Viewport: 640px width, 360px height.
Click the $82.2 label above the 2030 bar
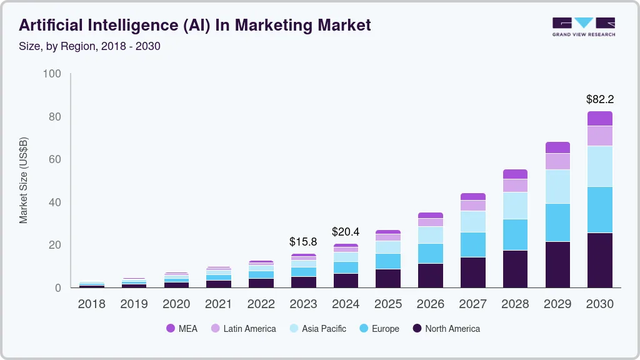[599, 99]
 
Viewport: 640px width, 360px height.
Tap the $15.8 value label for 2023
[303, 241]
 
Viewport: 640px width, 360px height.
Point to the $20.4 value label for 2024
[346, 232]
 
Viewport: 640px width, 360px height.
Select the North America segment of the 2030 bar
[599, 260]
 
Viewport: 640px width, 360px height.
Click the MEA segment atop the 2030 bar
[599, 119]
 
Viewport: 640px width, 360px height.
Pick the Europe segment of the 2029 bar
[557, 222]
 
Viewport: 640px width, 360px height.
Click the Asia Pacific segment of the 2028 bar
[515, 206]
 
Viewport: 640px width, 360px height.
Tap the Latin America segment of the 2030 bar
[599, 136]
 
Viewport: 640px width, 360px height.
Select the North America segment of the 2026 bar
[430, 276]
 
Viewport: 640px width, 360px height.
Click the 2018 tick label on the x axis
[91, 304]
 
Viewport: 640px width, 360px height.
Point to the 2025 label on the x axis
[387, 304]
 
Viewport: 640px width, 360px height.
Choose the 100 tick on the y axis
[52, 74]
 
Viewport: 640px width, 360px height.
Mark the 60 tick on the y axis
[54, 160]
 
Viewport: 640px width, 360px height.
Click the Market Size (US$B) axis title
[24, 180]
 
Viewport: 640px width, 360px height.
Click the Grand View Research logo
[583, 26]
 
